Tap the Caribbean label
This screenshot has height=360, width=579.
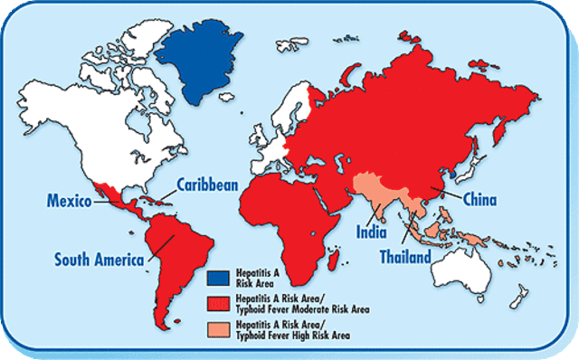(207, 184)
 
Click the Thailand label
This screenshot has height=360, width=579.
(404, 257)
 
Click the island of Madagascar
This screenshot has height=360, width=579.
(337, 259)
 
